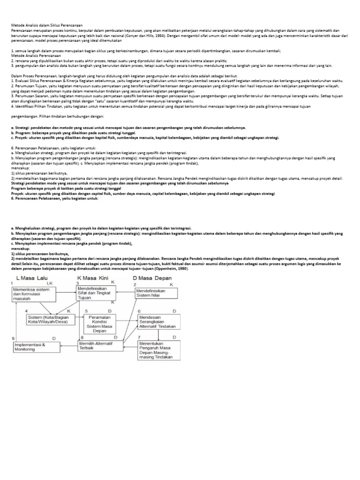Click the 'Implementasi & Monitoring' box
(x=33, y=346)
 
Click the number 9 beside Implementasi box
(x=13, y=338)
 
